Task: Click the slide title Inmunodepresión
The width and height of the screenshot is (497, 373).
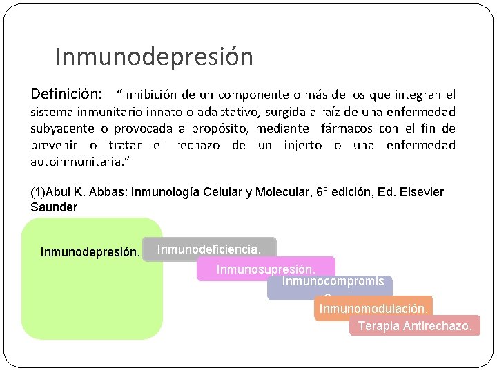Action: coord(153,57)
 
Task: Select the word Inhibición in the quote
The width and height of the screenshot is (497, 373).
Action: coord(150,94)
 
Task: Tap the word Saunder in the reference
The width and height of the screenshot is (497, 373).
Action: coord(54,207)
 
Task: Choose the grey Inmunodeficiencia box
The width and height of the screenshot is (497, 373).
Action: coord(210,249)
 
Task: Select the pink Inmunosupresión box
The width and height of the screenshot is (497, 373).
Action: coord(266,269)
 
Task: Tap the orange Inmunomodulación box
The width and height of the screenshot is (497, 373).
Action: coord(373,307)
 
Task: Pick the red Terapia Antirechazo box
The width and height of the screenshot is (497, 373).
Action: coord(414,326)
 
